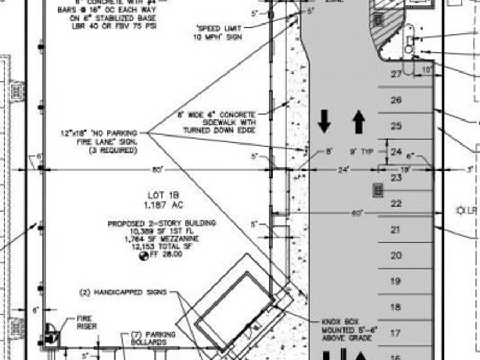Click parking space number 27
[x=396, y=74]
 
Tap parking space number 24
[x=396, y=152]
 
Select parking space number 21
[x=396, y=230]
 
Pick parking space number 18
[x=396, y=307]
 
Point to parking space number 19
[x=396, y=282]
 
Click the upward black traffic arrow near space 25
[x=358, y=122]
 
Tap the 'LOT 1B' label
[x=163, y=195]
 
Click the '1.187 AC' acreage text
[x=163, y=204]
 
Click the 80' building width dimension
[x=157, y=170]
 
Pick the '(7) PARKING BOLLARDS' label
[x=149, y=338]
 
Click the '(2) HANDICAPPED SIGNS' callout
[x=123, y=292]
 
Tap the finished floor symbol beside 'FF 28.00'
[x=143, y=255]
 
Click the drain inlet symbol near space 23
[x=378, y=190]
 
